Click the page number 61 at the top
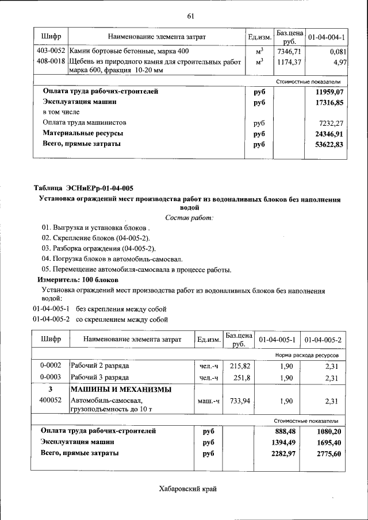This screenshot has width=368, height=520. (x=190, y=15)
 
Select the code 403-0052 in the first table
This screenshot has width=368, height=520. (x=49, y=51)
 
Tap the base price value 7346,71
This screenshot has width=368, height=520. (x=289, y=51)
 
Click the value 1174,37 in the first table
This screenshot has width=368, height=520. (x=289, y=61)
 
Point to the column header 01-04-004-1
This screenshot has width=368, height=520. (x=326, y=37)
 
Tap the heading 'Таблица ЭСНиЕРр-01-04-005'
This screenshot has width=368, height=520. (x=83, y=188)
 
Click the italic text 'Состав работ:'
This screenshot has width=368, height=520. (x=189, y=217)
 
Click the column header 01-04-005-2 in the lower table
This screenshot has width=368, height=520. (x=323, y=340)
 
